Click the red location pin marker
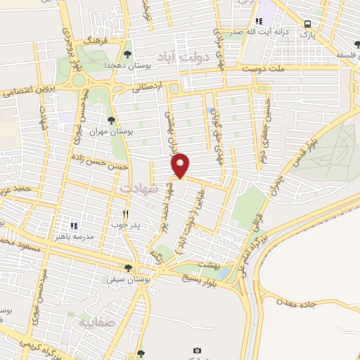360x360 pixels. (181, 165)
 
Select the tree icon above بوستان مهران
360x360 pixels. (112, 120)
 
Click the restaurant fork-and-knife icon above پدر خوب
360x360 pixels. (125, 214)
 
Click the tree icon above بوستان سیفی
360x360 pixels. (127, 268)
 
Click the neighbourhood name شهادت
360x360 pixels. (134, 189)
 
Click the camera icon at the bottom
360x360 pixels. (197, 350)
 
